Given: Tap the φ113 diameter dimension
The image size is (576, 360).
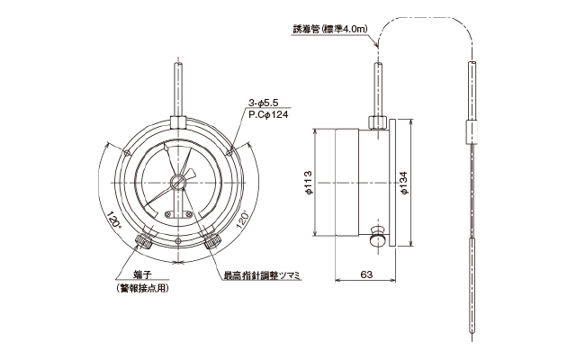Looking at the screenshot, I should click(309, 183).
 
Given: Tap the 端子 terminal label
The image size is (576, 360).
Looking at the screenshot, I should click(141, 275).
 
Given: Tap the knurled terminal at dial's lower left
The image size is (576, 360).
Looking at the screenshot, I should click(144, 241).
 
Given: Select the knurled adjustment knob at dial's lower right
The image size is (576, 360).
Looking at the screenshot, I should click(212, 241).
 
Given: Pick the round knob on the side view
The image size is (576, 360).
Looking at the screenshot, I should click(378, 239).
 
